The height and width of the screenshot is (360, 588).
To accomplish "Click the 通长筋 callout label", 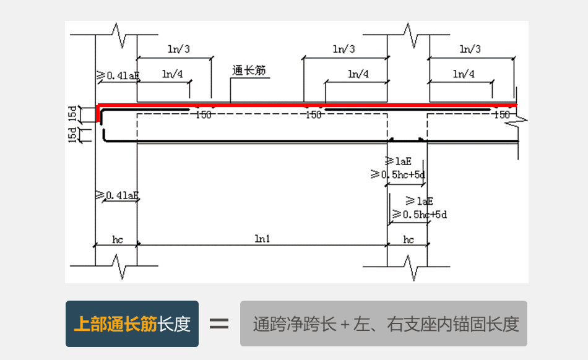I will click(249, 71).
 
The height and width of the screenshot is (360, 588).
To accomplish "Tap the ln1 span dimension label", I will click(262, 239).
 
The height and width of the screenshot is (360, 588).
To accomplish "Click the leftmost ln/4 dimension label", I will click(172, 74).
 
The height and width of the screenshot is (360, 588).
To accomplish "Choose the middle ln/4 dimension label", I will click(358, 74).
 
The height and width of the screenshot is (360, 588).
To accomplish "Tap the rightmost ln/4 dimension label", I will click(464, 74).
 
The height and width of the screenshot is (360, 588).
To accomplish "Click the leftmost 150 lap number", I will click(203, 115).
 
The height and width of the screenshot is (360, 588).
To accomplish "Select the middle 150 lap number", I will click(314, 115).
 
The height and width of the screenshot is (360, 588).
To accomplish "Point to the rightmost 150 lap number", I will click(502, 115).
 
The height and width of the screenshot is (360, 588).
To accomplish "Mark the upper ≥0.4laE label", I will click(118, 75).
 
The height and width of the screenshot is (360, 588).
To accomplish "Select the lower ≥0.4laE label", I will click(118, 195).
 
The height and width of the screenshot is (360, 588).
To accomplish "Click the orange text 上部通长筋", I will click(115, 324).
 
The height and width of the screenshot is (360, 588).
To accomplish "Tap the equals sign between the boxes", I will click(219, 324).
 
